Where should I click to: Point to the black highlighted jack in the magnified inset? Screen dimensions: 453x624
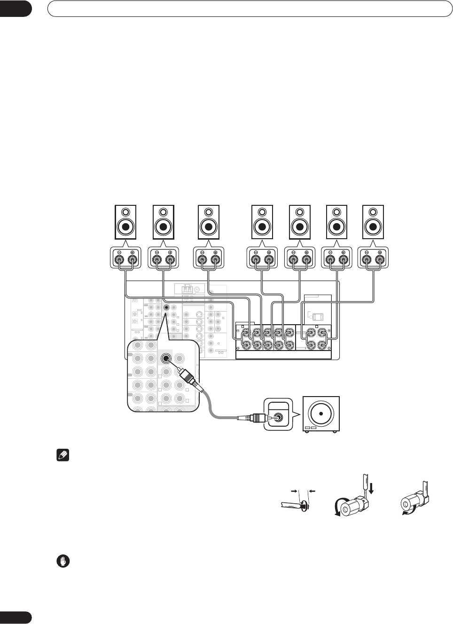[166, 359]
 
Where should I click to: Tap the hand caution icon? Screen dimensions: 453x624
[63, 561]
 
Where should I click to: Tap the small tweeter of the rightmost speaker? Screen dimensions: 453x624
[373, 212]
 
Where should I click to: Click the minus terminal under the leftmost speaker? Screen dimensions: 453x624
[119, 258]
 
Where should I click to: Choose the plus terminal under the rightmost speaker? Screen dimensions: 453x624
[379, 258]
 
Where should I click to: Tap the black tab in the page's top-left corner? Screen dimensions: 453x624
[16, 8]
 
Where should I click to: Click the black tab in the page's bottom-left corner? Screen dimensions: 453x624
[16, 617]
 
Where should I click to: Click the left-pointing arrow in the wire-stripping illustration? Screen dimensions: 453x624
[312, 491]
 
